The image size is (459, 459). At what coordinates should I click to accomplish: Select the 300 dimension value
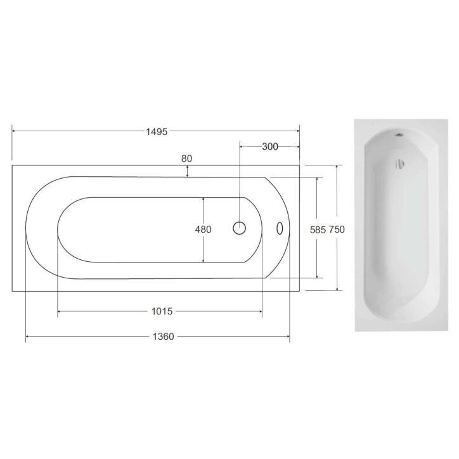point(269,146)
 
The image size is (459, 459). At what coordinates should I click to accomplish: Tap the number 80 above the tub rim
point(186,158)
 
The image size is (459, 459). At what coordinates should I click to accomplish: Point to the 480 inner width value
point(203,229)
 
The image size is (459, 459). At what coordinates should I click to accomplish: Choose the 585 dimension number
point(317,229)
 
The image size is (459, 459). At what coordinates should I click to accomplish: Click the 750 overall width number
point(337,229)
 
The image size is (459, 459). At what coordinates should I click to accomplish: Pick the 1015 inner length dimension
point(163,311)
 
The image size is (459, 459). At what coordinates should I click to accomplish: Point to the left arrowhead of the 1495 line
point(14,131)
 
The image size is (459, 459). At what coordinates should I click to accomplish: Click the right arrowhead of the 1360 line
point(288,337)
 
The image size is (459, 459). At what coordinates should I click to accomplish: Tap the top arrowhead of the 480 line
point(203,198)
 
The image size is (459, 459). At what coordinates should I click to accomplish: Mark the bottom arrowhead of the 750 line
point(337,288)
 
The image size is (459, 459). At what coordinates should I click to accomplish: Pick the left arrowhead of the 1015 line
point(60,311)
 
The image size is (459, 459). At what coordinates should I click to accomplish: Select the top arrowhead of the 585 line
point(317,180)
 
